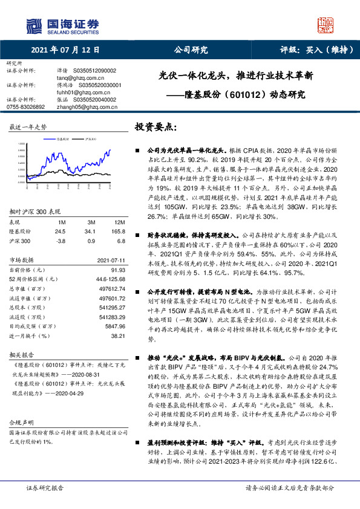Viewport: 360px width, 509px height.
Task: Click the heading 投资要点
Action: (x=155, y=127)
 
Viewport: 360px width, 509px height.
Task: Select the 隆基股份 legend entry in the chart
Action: (x=64, y=138)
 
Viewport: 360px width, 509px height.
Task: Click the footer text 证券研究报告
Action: (x=45, y=487)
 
